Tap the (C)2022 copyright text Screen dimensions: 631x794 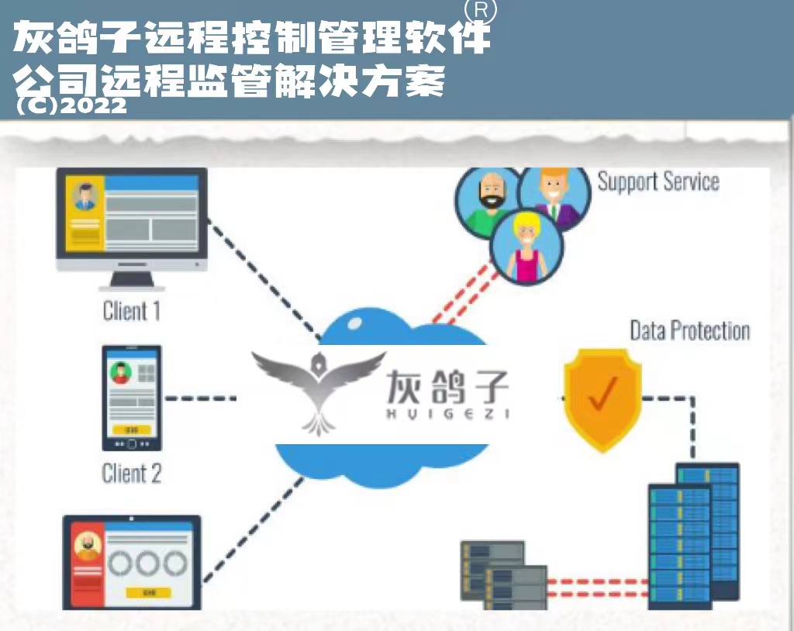coord(71,105)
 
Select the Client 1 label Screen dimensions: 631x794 coord(132,312)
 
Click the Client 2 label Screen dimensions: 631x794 coord(132,473)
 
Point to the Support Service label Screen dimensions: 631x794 coord(658,182)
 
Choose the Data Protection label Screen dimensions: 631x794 coord(689,331)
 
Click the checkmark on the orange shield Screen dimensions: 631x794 coord(601,395)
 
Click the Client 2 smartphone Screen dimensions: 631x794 coord(132,398)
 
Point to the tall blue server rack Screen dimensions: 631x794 coord(694,535)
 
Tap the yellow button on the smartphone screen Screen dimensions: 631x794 coord(132,429)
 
